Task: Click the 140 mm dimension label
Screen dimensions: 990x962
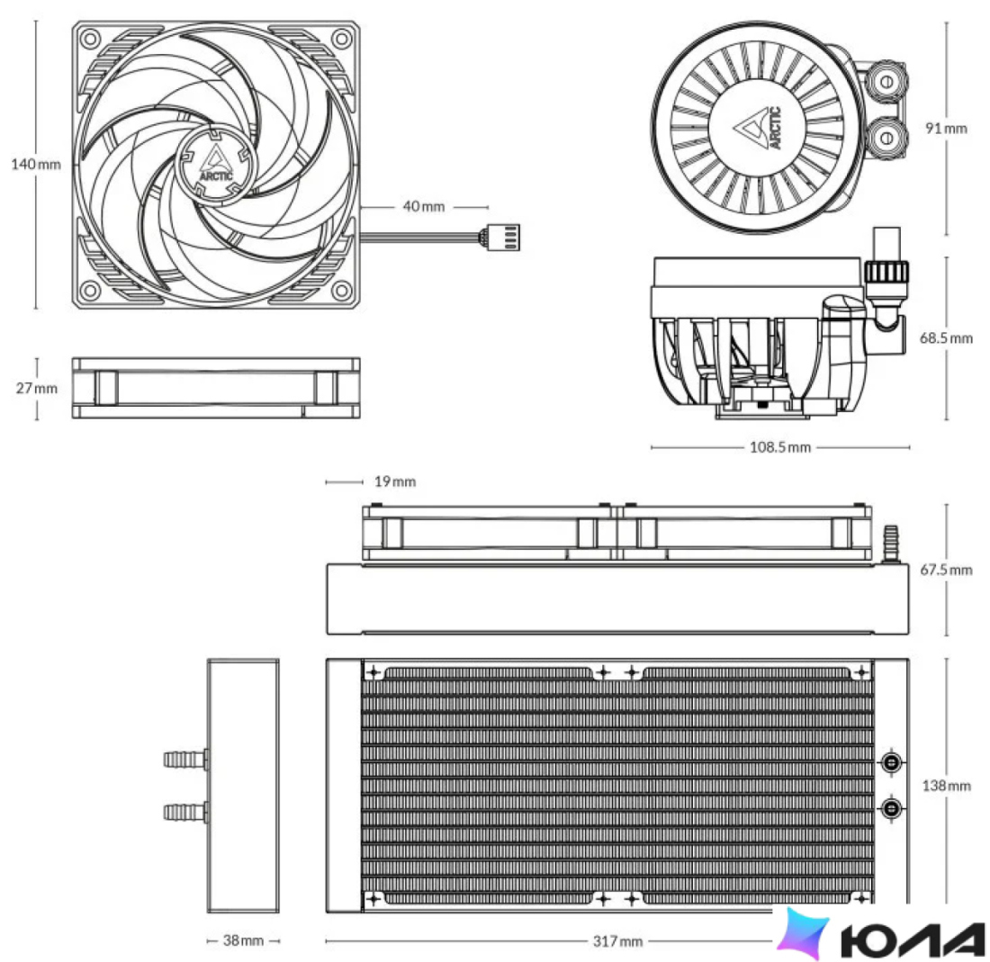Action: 36,164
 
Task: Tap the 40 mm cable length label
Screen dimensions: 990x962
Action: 424,206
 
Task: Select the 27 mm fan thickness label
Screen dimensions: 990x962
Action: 37,388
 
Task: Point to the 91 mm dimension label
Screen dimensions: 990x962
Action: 946,128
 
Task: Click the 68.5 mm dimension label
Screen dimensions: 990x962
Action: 946,337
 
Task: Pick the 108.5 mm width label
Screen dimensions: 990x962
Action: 779,447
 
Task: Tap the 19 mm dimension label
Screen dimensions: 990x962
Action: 395,481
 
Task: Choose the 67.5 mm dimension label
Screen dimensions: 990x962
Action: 946,570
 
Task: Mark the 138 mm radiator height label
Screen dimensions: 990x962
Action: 946,786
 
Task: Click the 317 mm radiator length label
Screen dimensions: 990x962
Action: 617,941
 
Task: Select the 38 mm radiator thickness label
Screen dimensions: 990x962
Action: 243,940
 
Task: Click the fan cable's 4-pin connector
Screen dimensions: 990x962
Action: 503,239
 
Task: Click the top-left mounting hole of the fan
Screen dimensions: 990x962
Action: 90,39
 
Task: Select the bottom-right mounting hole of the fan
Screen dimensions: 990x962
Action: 342,291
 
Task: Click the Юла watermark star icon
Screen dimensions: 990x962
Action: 803,931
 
